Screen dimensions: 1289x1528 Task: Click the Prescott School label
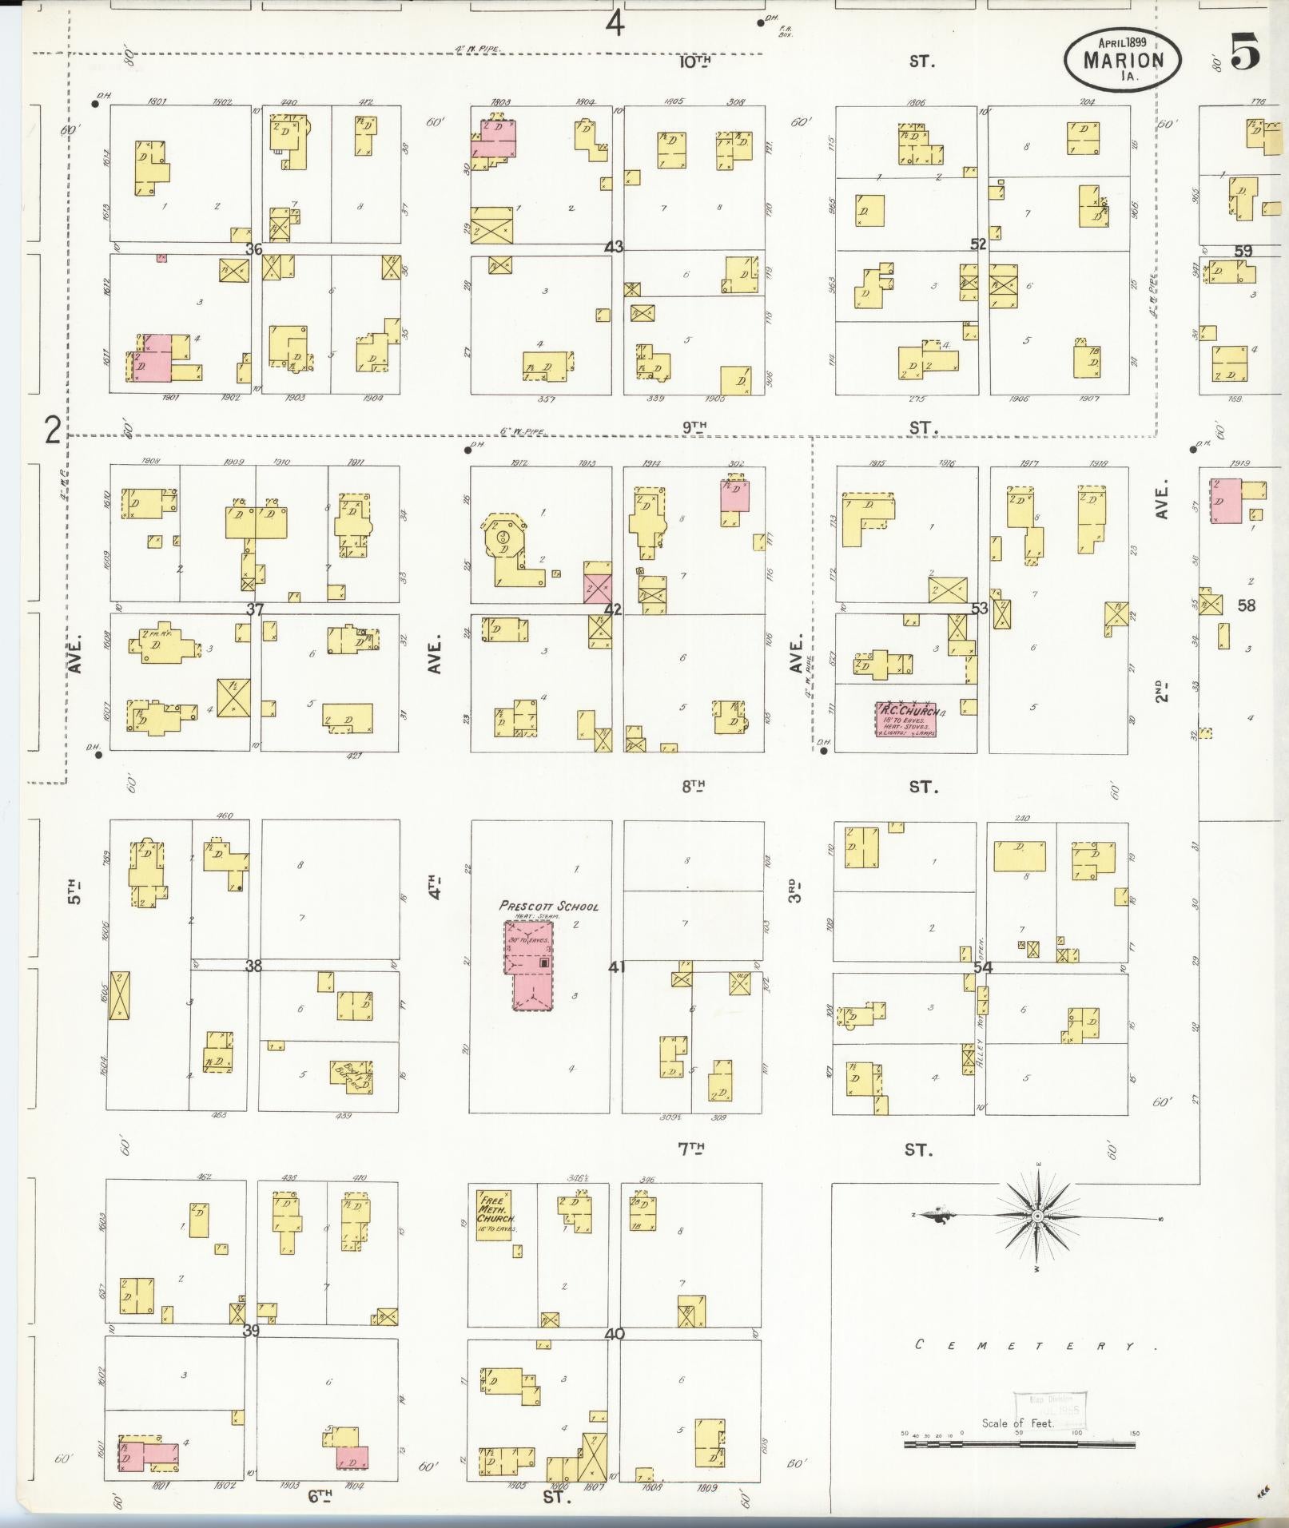pyautogui.click(x=548, y=906)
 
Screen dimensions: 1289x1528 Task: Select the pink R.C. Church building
pyautogui.click(x=905, y=719)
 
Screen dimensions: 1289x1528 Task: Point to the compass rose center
pyautogui.click(x=1036, y=1216)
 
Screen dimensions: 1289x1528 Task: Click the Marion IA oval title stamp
pyautogui.click(x=1122, y=59)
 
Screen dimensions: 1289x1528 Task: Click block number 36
pyautogui.click(x=254, y=249)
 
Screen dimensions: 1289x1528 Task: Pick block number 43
pyautogui.click(x=613, y=248)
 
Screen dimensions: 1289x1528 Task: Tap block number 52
pyautogui.click(x=978, y=244)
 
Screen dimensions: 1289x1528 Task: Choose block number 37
pyautogui.click(x=254, y=609)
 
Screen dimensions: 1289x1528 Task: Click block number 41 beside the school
pyautogui.click(x=616, y=967)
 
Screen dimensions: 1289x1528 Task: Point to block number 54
pyautogui.click(x=982, y=968)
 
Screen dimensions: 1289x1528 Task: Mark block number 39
pyautogui.click(x=251, y=1331)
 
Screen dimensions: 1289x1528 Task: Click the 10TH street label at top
pyautogui.click(x=694, y=61)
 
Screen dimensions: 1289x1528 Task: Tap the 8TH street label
pyautogui.click(x=693, y=786)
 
